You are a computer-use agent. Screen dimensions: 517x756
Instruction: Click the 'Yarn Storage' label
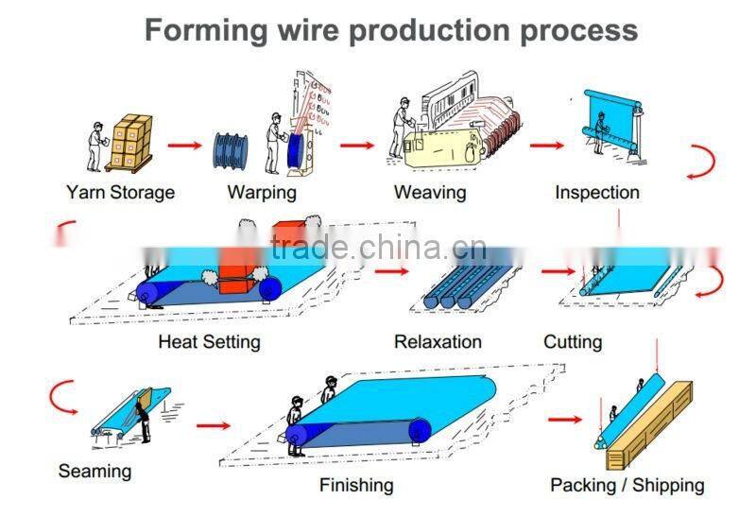pos(120,192)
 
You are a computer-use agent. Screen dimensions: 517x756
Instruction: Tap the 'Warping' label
pos(262,192)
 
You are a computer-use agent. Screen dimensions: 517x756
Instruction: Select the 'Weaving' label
pos(430,192)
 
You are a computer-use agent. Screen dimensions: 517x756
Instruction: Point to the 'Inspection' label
pos(597,192)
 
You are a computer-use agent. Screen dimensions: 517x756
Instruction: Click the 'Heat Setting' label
pos(209,341)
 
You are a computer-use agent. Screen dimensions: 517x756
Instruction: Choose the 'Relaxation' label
pos(438,341)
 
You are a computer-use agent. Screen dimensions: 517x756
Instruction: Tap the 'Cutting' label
pos(573,341)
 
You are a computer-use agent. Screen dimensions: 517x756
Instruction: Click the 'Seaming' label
pos(94,470)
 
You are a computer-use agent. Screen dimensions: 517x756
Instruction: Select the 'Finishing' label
pos(356,485)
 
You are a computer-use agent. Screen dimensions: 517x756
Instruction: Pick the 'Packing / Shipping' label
pos(627,485)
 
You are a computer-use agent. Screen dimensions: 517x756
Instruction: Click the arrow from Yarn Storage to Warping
pos(185,146)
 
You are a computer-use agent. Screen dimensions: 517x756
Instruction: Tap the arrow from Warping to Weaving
pos(357,146)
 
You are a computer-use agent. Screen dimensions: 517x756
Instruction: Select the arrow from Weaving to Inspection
pos(546,146)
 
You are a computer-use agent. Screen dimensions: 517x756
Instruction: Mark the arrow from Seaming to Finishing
pos(214,425)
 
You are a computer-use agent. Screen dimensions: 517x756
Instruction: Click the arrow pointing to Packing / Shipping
pos(565,419)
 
